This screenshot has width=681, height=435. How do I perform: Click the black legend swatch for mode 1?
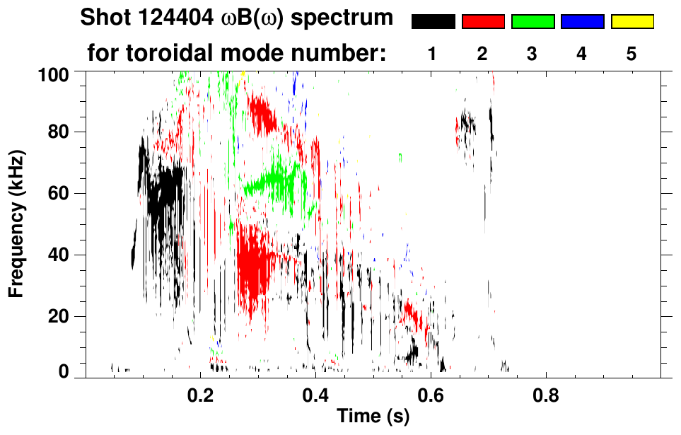point(433,22)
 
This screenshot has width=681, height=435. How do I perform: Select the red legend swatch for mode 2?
point(483,22)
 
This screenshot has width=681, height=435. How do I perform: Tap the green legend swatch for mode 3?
point(532,22)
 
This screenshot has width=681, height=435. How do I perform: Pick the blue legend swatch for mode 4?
point(582,22)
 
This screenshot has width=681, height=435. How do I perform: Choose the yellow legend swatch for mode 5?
point(632,22)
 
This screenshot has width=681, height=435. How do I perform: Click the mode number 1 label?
point(432,54)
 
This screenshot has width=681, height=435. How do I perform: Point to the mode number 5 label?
point(631,54)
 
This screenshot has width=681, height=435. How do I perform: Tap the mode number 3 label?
point(532,54)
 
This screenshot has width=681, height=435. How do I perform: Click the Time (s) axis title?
point(372,417)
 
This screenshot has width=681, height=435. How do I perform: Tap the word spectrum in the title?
point(346,19)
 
